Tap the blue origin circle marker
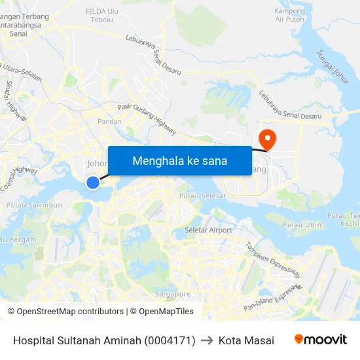coord(93,183)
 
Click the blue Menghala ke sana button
coord(179,160)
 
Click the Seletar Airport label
coord(208,230)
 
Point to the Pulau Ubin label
coord(302,225)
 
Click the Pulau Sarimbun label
coord(34,205)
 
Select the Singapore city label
coord(173,294)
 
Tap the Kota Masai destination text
coord(246,340)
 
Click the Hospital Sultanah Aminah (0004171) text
coord(104,340)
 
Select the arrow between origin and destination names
coord(207,340)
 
